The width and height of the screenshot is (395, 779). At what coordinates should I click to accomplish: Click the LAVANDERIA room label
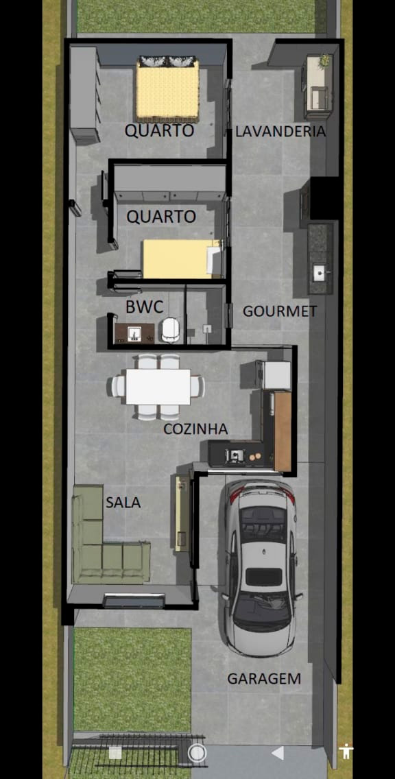pos(280,132)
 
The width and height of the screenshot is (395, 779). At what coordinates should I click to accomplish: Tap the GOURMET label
pos(280,311)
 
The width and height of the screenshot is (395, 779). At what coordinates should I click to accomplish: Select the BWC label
pos(144,307)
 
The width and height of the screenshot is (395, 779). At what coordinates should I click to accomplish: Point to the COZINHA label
pos(195,429)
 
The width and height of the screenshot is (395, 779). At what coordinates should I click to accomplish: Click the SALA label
pos(123,503)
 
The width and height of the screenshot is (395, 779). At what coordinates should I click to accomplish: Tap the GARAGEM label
pos(264,679)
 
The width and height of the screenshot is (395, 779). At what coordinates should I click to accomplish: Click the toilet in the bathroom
pos(171,330)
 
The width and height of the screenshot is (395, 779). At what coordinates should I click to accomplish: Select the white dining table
pos(158,387)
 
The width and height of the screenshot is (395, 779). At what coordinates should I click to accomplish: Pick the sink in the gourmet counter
pos(320,272)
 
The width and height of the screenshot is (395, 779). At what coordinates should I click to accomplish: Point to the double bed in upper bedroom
pos(168,91)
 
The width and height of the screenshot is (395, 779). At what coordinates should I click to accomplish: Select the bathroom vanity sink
pos(134,333)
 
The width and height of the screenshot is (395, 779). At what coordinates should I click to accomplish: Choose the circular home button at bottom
pos(197,753)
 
